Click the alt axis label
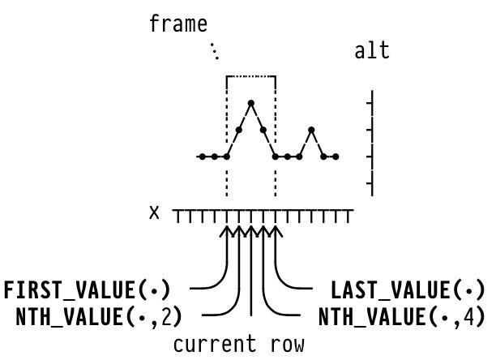point(372,51)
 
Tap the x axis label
point(154,212)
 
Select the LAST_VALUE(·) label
point(408,289)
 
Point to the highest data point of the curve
point(251,103)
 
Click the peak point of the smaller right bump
point(312,130)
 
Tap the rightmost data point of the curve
point(336,156)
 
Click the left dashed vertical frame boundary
point(227,178)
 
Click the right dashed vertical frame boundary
point(276,178)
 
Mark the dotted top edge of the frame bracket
point(251,76)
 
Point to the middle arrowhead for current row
point(251,232)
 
